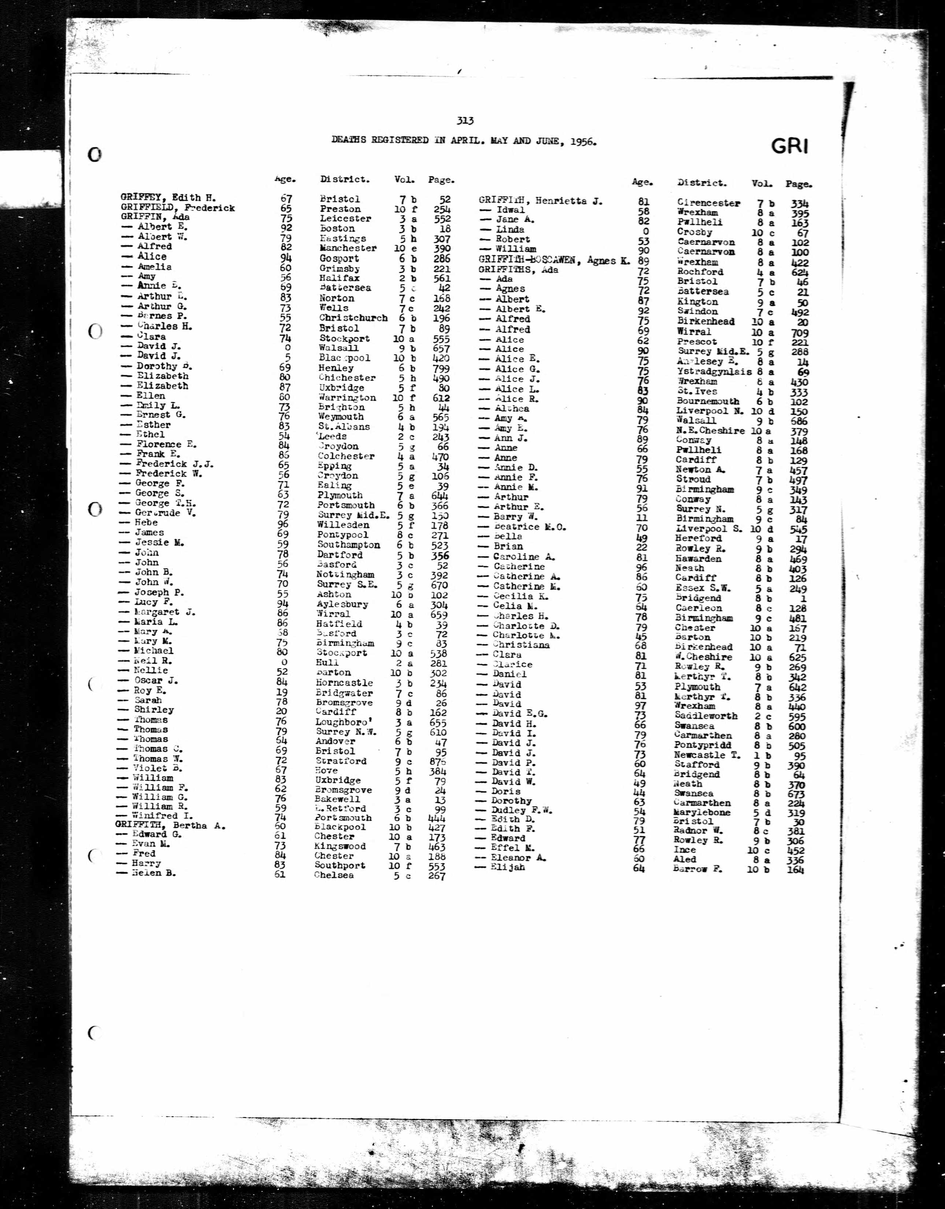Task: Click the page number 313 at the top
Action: pyautogui.click(x=465, y=121)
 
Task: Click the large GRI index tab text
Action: pyautogui.click(x=789, y=147)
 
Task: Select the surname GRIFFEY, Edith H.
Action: pyautogui.click(x=168, y=197)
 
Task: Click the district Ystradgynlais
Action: pyautogui.click(x=714, y=371)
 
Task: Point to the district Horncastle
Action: pyautogui.click(x=344, y=683)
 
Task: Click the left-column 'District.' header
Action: pyautogui.click(x=344, y=180)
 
